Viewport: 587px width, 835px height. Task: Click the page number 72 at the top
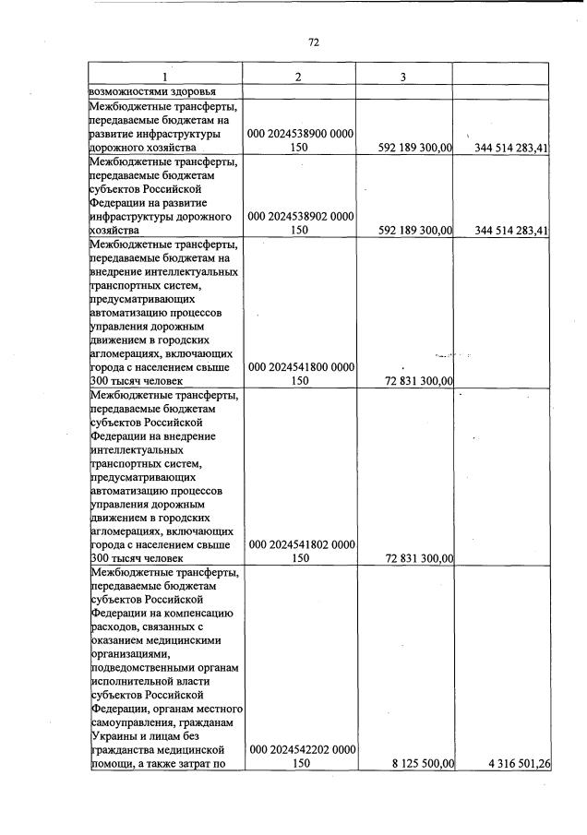point(313,42)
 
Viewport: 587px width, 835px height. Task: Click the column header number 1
point(165,77)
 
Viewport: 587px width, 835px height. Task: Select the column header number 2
point(298,77)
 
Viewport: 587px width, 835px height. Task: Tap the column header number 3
point(403,77)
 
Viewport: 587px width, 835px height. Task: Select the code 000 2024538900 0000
point(298,134)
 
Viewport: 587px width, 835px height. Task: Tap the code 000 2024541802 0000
point(298,544)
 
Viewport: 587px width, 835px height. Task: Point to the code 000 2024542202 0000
point(298,750)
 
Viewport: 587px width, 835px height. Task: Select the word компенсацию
point(199,613)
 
